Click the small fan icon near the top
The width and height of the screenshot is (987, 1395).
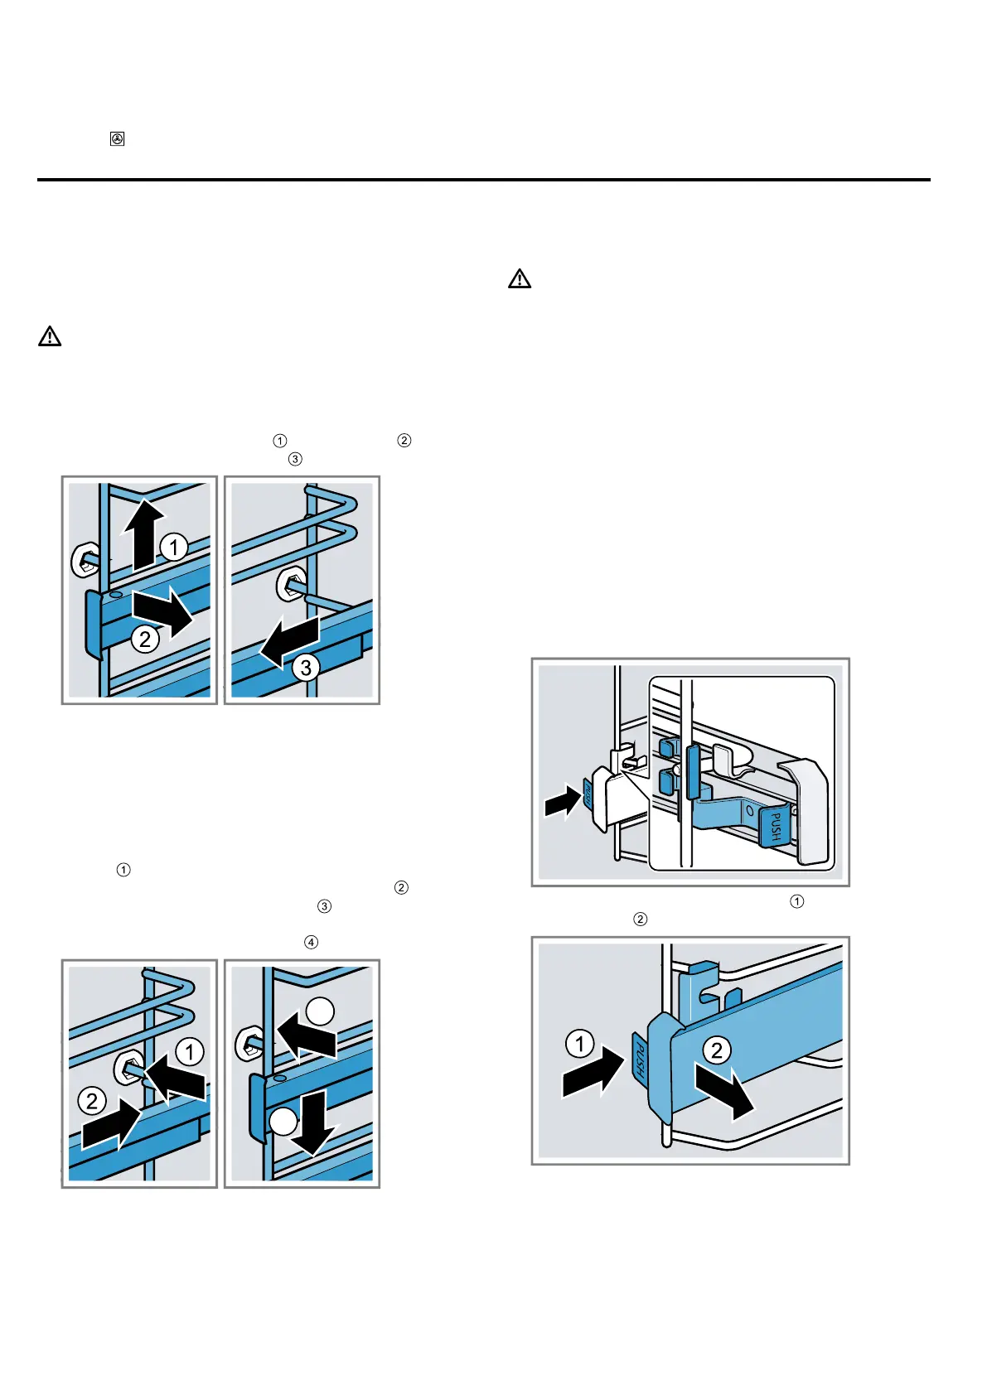(118, 139)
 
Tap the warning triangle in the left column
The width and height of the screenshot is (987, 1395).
(50, 336)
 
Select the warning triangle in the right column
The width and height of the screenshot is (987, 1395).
(520, 278)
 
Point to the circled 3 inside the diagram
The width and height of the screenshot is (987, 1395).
(306, 667)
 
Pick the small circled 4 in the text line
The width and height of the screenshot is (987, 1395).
(311, 942)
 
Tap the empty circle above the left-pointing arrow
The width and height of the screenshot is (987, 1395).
(321, 1011)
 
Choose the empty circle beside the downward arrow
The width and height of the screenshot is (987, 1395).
(283, 1122)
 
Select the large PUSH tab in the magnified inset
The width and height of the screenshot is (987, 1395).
(775, 826)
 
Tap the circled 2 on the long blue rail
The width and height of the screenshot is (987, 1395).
(717, 1050)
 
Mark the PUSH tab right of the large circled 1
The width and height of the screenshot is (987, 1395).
(640, 1057)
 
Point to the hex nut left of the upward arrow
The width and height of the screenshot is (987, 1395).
(85, 561)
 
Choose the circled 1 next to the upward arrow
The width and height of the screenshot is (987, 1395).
(173, 547)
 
